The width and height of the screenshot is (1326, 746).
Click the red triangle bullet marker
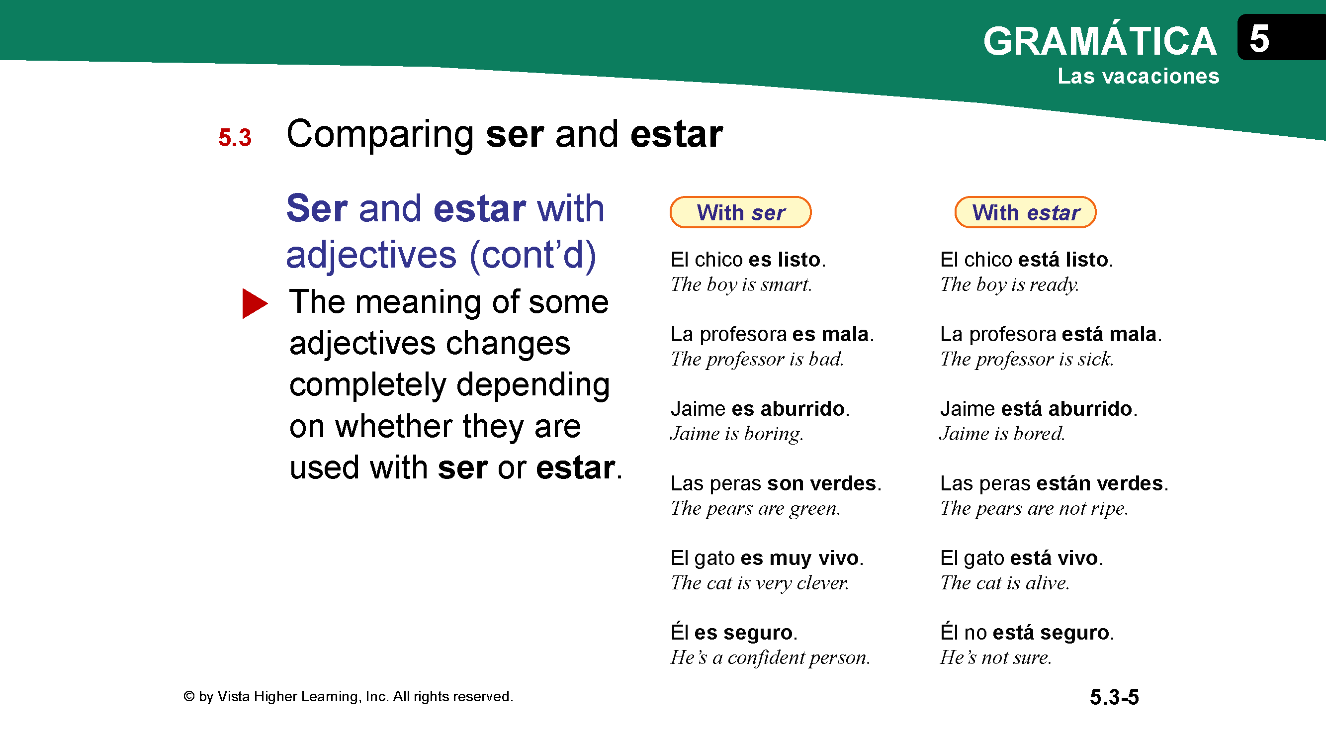pyautogui.click(x=254, y=303)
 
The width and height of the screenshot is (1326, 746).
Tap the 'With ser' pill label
pyautogui.click(x=740, y=212)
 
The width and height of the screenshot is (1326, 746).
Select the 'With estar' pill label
pyautogui.click(x=1025, y=212)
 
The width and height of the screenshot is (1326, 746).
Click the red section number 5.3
pyautogui.click(x=235, y=137)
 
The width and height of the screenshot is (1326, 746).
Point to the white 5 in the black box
pyautogui.click(x=1259, y=39)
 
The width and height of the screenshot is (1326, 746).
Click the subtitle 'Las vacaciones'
pyautogui.click(x=1138, y=76)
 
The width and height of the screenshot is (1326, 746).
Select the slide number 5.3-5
pyautogui.click(x=1114, y=697)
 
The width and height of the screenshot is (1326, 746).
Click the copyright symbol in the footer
pyautogui.click(x=189, y=697)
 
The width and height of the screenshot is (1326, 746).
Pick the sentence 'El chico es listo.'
pyautogui.click(x=748, y=260)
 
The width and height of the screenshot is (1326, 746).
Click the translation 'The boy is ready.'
pyautogui.click(x=1009, y=284)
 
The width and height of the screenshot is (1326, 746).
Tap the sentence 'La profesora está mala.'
pyautogui.click(x=1051, y=334)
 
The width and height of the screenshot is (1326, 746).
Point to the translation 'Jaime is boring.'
pyautogui.click(x=737, y=434)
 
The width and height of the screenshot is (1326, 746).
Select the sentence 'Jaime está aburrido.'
pyautogui.click(x=1039, y=409)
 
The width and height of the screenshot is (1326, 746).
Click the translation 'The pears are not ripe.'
pyautogui.click(x=1034, y=508)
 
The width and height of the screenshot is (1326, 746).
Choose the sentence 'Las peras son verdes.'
pyautogui.click(x=776, y=483)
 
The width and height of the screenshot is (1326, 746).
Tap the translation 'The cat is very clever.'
pyautogui.click(x=760, y=583)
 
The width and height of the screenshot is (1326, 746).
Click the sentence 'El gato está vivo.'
pyautogui.click(x=1021, y=558)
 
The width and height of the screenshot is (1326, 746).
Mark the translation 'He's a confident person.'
pyautogui.click(x=770, y=657)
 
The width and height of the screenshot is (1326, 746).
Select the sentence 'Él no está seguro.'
pyautogui.click(x=1027, y=632)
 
